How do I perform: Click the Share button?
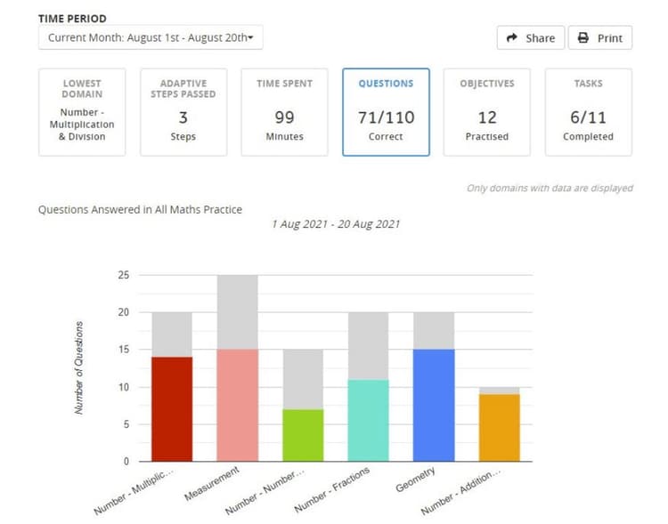pos(530,38)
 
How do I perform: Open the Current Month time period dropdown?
pos(151,37)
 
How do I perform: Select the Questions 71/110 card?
pos(386,112)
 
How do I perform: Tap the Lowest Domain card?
pos(82,112)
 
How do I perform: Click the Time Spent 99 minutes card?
pos(284,112)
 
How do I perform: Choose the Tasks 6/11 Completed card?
pos(588,112)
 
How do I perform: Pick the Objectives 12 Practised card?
pos(486,112)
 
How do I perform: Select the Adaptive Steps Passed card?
pos(183,112)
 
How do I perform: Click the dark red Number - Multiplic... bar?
pos(171,408)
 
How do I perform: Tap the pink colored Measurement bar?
pos(237,405)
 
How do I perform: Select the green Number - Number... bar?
pos(303,435)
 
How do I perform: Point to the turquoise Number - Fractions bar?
pos(369,420)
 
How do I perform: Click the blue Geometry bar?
pos(435,405)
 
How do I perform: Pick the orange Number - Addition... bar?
pos(500,427)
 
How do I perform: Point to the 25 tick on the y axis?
pos(123,275)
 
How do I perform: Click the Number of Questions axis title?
pos(79,367)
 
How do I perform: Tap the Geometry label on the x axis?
pos(415,480)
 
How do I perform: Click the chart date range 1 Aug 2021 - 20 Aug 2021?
pos(335,224)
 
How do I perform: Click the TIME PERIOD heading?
pos(73,17)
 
